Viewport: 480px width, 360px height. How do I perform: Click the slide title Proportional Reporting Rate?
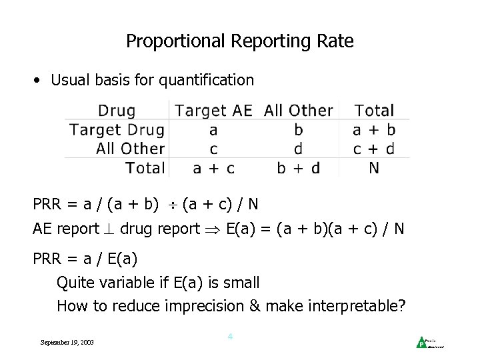tap(240, 41)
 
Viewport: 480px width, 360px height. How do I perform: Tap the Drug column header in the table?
tap(117, 111)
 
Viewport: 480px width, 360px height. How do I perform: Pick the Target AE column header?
tap(214, 111)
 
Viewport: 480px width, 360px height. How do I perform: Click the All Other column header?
tap(298, 111)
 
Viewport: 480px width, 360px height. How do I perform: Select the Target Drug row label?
tap(117, 129)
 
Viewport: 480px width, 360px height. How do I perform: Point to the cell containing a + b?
tap(374, 129)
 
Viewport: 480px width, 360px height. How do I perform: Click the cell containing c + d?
tap(374, 148)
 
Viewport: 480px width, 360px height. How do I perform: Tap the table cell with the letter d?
tap(298, 148)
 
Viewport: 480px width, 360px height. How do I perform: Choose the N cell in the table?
tap(374, 167)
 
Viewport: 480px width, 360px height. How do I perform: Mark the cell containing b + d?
tap(298, 167)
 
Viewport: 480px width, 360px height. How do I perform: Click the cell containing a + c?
tap(214, 167)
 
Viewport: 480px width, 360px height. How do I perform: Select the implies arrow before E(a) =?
tap(213, 229)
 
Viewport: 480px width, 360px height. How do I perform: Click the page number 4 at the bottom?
tap(230, 337)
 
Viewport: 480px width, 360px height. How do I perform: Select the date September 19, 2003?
tap(67, 342)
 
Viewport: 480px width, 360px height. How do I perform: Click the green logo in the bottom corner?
tap(421, 342)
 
